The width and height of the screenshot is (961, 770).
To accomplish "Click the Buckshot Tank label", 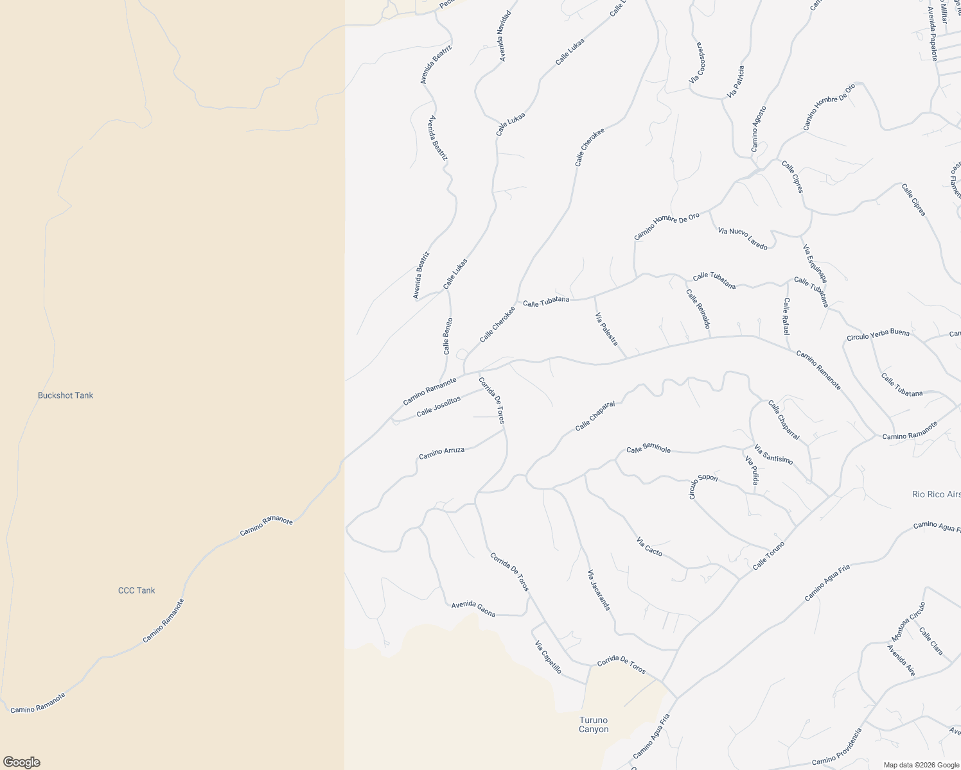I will [x=66, y=395].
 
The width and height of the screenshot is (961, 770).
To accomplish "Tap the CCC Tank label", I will [x=136, y=590].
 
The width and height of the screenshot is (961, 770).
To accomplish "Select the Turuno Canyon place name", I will [x=594, y=724].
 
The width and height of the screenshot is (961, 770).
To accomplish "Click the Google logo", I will [x=21, y=762].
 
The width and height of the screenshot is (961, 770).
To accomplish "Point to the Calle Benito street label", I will [x=448, y=336].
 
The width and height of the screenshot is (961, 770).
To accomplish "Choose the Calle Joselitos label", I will [x=439, y=406].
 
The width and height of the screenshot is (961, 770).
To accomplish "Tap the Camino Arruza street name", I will [x=441, y=453].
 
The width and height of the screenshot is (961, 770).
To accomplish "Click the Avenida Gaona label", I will [x=473, y=609].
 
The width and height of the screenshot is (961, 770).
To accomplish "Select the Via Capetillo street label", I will [x=548, y=657].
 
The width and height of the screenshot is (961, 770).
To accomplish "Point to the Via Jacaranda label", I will [x=599, y=590].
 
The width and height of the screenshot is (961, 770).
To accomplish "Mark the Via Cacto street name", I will [x=649, y=547].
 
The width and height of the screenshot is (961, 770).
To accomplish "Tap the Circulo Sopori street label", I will [x=702, y=486].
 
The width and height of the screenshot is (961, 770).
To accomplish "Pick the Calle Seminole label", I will [x=648, y=449].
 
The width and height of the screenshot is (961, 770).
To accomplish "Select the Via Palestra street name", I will [x=606, y=329].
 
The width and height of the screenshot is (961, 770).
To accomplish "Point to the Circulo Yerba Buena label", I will [x=877, y=335].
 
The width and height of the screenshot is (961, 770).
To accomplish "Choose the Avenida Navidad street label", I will [x=506, y=36].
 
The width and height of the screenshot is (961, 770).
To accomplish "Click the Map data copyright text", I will [x=920, y=764].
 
